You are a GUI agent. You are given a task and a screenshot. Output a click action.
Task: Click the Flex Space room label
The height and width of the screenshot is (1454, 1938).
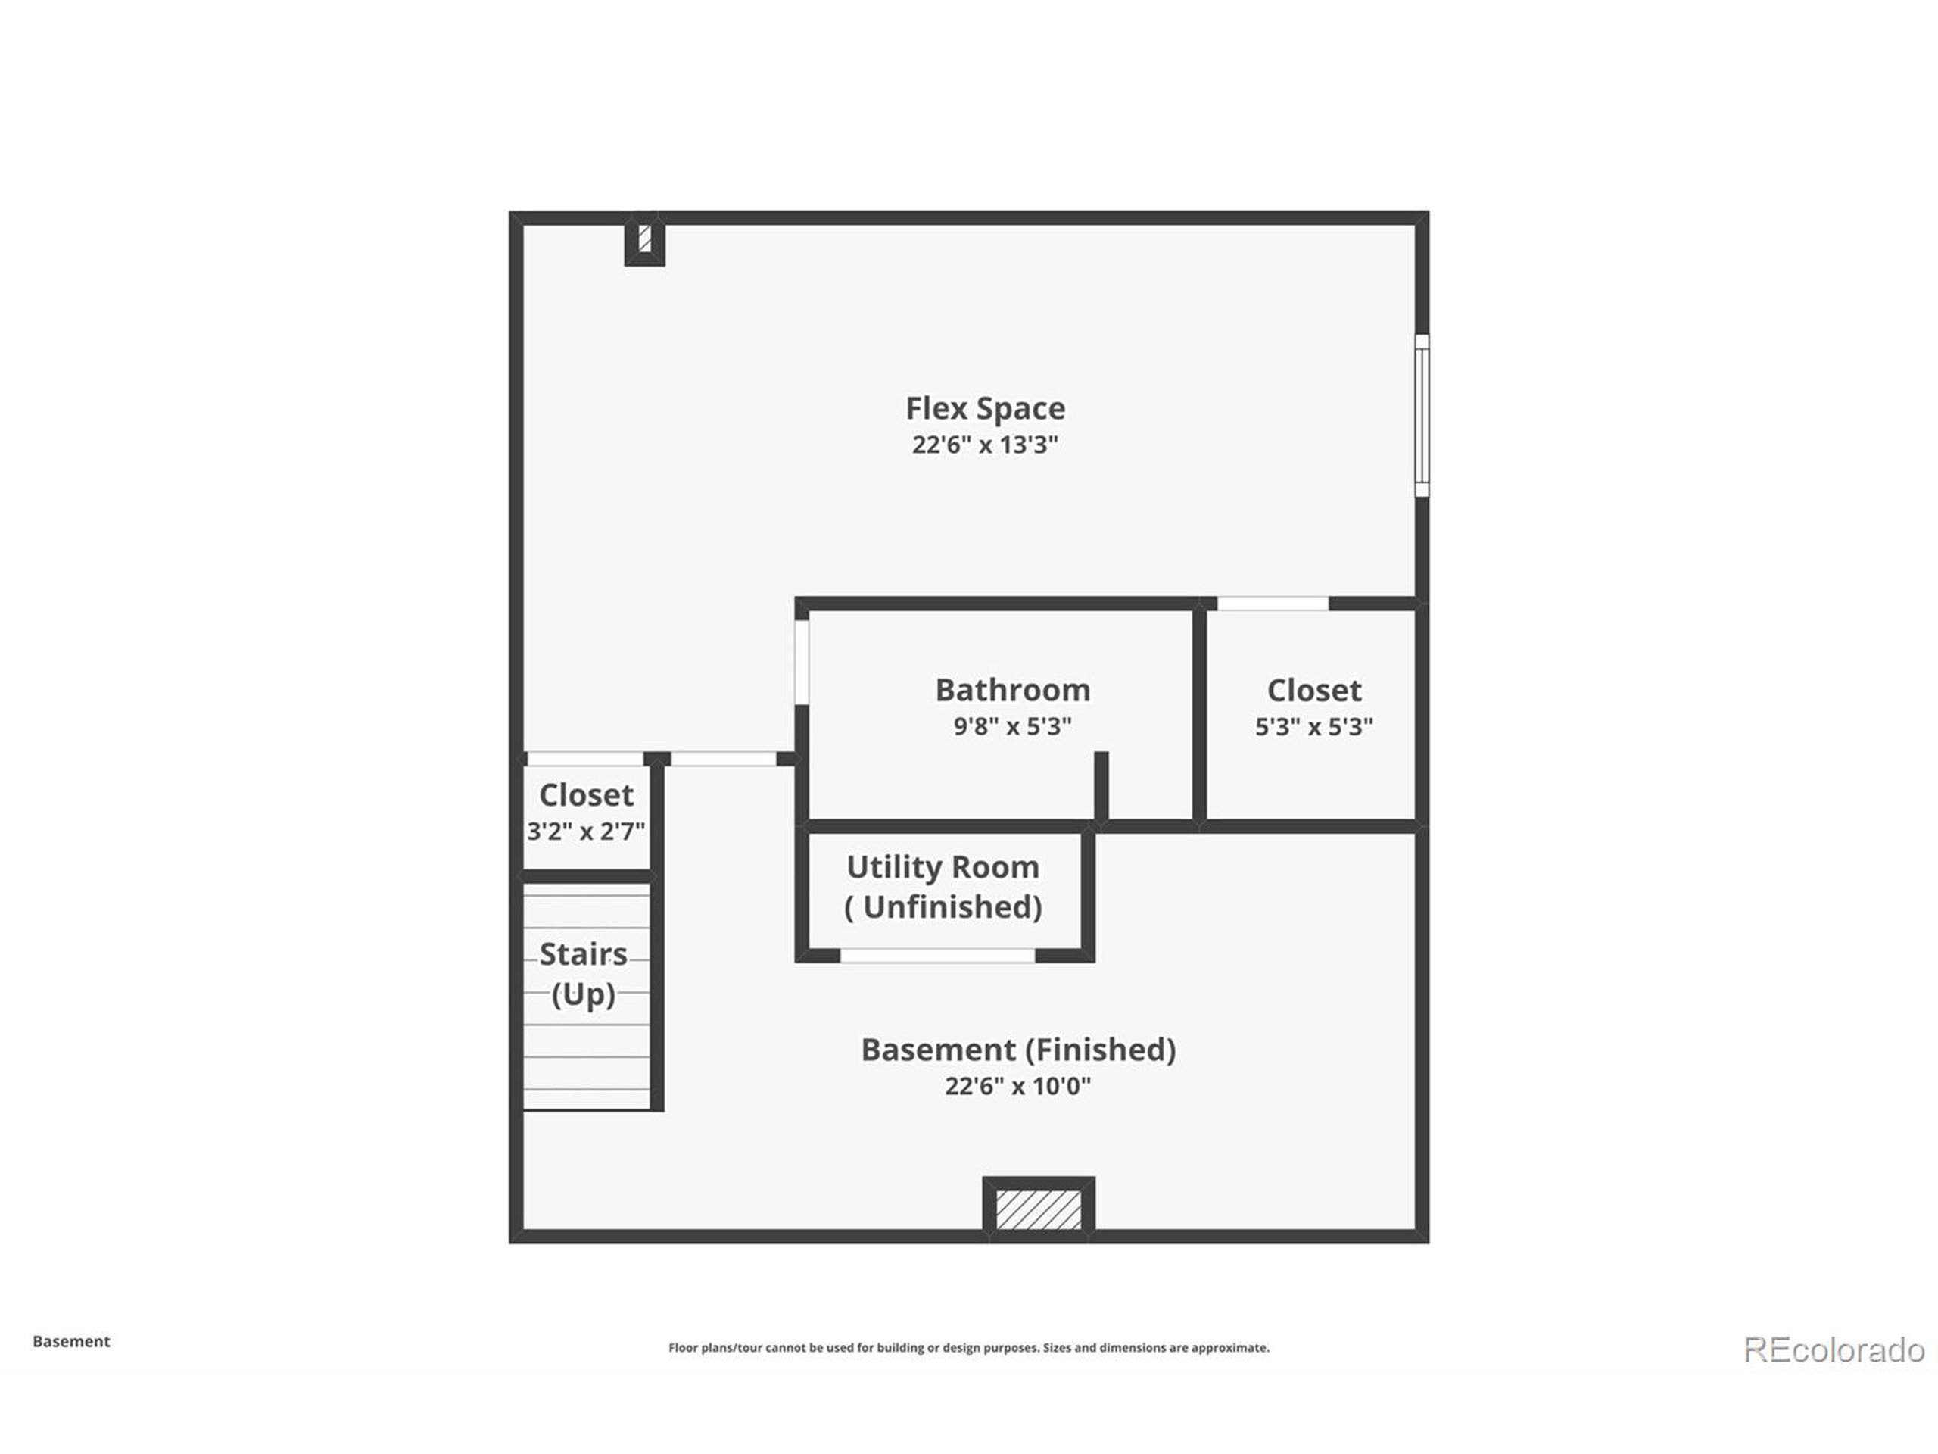(985, 408)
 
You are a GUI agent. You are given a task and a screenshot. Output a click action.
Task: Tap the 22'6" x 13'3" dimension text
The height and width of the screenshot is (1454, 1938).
(985, 445)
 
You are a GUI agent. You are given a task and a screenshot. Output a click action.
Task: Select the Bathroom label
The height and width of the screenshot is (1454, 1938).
(1013, 691)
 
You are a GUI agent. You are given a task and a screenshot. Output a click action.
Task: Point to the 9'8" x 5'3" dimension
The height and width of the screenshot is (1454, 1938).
(1013, 726)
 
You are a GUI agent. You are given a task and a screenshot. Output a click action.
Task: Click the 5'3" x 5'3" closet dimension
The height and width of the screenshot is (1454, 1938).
(1313, 726)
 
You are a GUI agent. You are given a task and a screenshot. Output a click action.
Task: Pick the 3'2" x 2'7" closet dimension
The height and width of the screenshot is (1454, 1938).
(585, 831)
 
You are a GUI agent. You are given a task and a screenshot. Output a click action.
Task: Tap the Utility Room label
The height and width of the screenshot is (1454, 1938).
(943, 868)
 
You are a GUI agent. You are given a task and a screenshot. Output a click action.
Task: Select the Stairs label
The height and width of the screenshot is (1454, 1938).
(583, 953)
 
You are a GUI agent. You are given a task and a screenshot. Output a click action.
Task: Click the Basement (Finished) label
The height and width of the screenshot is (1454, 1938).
(1018, 1050)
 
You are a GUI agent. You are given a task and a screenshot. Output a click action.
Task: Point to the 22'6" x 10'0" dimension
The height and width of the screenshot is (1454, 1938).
(1018, 1087)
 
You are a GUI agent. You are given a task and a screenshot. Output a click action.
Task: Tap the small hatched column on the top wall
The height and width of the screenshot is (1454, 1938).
(645, 239)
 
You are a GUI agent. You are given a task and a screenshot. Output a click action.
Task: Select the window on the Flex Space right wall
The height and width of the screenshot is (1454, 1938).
(1422, 416)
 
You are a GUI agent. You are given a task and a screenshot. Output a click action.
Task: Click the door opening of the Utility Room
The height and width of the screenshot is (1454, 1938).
(937, 955)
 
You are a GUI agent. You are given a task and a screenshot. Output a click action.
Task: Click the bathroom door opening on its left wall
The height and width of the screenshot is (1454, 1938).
(802, 663)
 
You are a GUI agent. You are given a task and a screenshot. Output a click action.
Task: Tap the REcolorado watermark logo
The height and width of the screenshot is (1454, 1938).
(1834, 1349)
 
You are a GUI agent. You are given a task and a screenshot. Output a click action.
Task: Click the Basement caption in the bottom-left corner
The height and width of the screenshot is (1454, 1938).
(71, 1341)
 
